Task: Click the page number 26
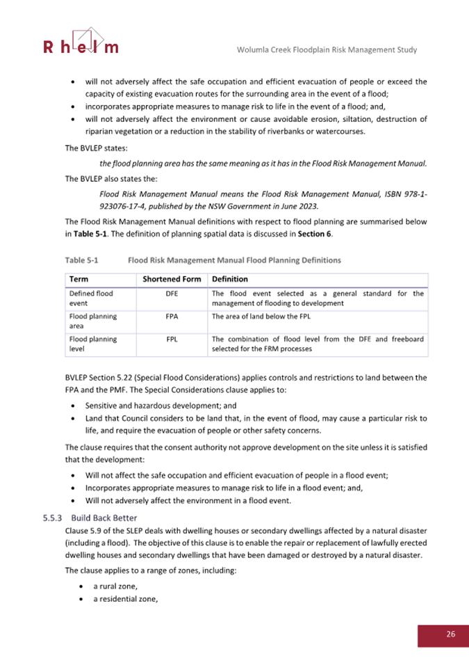point(450,634)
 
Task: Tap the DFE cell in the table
point(172,294)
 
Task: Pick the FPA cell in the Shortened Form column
point(172,317)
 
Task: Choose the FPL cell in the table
point(172,340)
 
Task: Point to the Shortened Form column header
point(172,279)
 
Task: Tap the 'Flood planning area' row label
point(92,321)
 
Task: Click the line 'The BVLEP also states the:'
point(111,178)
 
